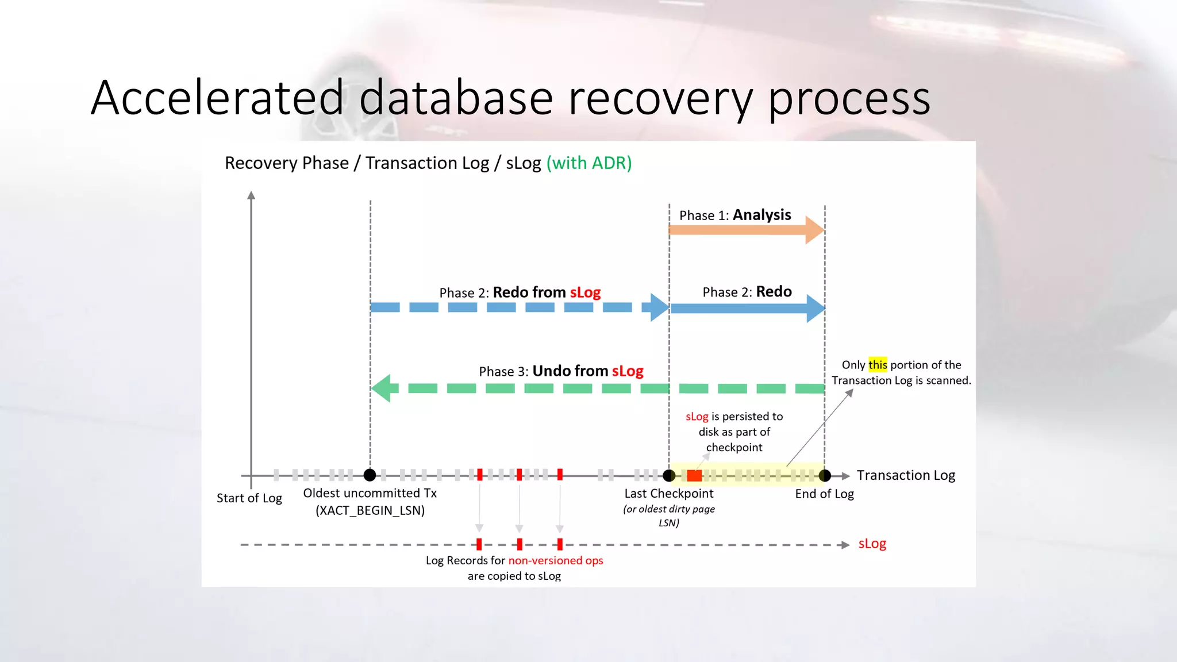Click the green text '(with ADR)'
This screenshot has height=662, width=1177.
[x=589, y=163]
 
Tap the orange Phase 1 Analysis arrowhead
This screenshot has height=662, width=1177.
[x=814, y=230]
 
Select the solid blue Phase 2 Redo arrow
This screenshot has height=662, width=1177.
[x=741, y=309]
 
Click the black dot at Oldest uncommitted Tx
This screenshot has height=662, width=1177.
[x=370, y=475]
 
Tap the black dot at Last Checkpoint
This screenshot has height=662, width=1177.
[x=669, y=476]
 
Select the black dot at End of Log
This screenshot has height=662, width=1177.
[x=825, y=476]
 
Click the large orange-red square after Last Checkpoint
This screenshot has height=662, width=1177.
[x=694, y=476]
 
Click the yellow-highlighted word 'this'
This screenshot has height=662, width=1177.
[x=878, y=365]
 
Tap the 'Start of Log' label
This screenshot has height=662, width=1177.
[x=249, y=498]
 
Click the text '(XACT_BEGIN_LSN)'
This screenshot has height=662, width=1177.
[x=370, y=510]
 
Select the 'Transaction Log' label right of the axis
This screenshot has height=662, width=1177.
[x=906, y=475]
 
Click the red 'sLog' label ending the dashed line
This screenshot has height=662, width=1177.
[x=872, y=544]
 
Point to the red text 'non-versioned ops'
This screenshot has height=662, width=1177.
[x=556, y=560]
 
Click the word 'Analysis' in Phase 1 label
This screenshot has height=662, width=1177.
[x=762, y=215]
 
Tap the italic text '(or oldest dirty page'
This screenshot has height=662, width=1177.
[x=669, y=509]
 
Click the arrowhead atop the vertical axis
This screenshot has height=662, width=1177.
[x=251, y=195]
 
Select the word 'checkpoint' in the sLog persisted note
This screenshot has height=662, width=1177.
[x=734, y=448]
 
